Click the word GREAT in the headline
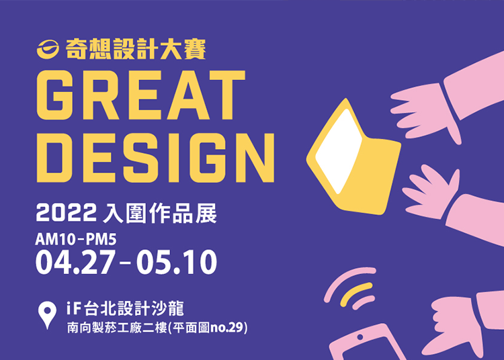tap(141, 95)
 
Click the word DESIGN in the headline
tap(156, 158)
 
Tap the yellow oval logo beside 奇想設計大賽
tap(48, 50)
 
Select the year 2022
tap(67, 213)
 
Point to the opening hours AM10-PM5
tap(76, 239)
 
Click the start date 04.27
tap(75, 263)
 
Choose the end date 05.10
tap(177, 263)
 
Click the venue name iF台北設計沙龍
tap(125, 308)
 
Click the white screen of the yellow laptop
tap(339, 151)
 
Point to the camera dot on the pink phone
tap(360, 337)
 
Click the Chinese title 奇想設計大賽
tap(136, 49)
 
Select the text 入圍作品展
tap(160, 213)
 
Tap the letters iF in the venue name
tap(73, 308)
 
